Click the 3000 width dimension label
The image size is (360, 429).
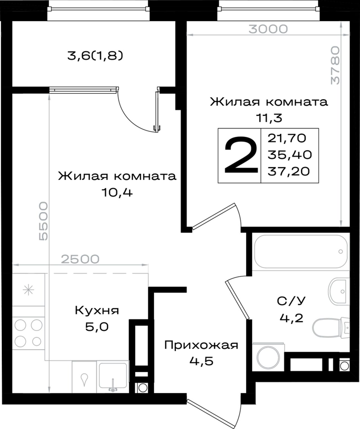pos(268,29)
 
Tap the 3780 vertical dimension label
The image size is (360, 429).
pos(335,65)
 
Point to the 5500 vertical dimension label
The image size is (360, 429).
pos(43,221)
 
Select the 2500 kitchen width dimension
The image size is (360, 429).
pos(80,259)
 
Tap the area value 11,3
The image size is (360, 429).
pos(269,118)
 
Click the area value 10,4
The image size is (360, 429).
pos(117,193)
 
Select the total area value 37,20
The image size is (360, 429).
pos(289,171)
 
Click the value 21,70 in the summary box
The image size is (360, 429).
pos(287,138)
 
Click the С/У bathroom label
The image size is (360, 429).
pos(291,301)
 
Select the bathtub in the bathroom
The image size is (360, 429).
pos(301,251)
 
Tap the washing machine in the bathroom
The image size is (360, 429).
pos(269,357)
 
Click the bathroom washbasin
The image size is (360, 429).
pos(339,291)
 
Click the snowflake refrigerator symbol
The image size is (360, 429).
pos(28,290)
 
